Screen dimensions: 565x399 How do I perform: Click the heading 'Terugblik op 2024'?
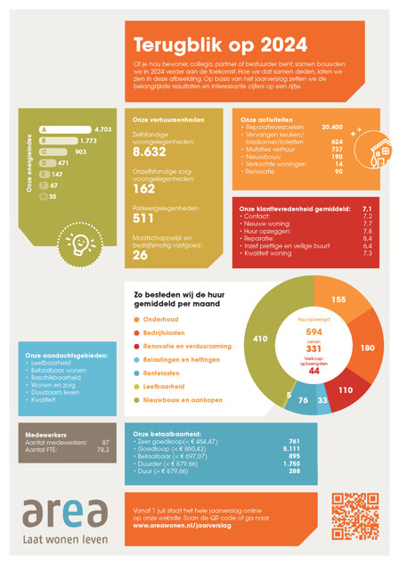point(220,45)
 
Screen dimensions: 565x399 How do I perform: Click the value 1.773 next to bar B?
point(88,141)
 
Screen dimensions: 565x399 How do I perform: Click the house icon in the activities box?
point(379,155)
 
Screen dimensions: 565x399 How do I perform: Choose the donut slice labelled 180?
point(366,347)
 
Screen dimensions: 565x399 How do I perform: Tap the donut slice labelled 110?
point(346,390)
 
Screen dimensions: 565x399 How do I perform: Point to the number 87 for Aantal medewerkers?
point(105,442)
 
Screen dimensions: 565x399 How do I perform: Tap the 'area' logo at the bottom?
point(65,515)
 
